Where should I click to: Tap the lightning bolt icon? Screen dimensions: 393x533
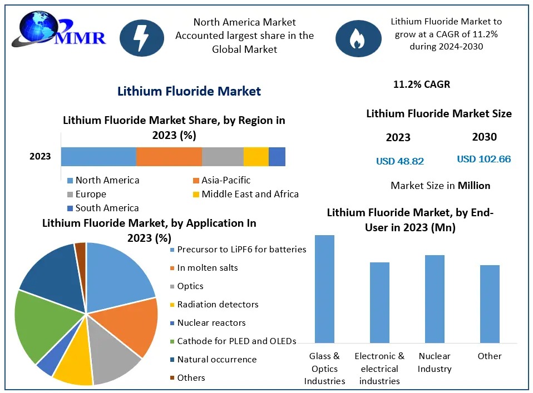pyautogui.click(x=141, y=38)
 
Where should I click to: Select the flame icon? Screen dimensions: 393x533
pyautogui.click(x=356, y=38)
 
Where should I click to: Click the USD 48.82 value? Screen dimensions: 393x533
pyautogui.click(x=400, y=161)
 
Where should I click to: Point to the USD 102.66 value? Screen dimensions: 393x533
pyautogui.click(x=483, y=159)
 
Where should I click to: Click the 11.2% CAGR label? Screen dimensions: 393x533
pyautogui.click(x=421, y=84)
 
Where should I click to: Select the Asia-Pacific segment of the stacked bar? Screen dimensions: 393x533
pyautogui.click(x=169, y=157)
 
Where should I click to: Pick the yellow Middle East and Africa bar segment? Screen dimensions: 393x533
pyautogui.click(x=256, y=157)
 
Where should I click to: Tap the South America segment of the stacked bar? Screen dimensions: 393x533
pyautogui.click(x=277, y=157)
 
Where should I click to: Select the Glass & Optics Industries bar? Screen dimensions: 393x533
pyautogui.click(x=324, y=288)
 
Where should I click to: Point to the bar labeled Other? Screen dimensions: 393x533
pyautogui.click(x=490, y=304)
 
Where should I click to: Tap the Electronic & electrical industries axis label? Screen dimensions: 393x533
pyautogui.click(x=379, y=368)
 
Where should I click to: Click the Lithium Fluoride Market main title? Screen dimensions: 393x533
pyautogui.click(x=189, y=91)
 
